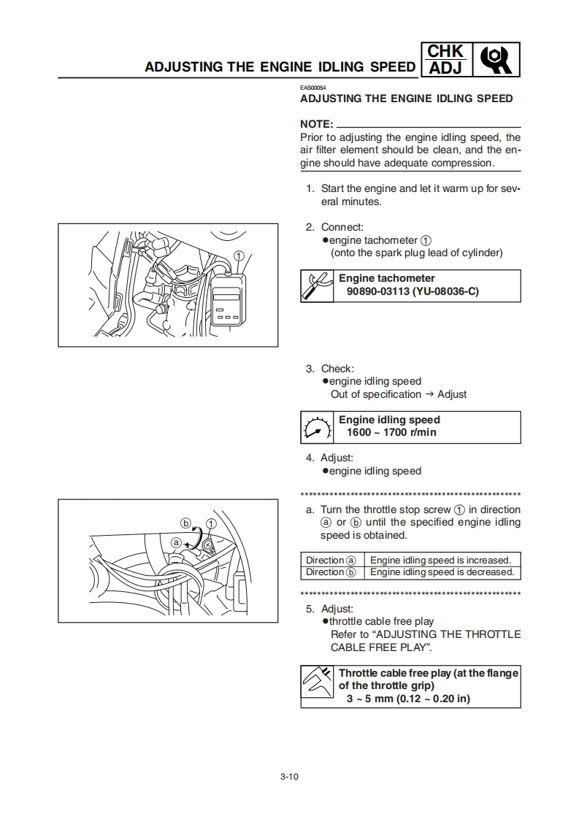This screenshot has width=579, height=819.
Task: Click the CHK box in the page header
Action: point(445,51)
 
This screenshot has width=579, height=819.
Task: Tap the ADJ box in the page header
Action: point(445,68)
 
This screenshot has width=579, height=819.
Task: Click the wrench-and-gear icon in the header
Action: point(498,60)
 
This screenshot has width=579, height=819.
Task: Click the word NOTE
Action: point(316,124)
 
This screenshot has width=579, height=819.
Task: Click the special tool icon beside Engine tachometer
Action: point(317,286)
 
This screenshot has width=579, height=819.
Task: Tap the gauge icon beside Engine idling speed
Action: point(317,428)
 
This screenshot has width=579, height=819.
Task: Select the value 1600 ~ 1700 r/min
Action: point(392,433)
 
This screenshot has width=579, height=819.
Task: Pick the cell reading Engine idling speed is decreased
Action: point(442,572)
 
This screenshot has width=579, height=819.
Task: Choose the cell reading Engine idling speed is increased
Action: point(442,560)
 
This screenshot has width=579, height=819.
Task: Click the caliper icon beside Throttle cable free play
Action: point(318,685)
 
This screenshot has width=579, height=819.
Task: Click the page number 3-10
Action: point(289,776)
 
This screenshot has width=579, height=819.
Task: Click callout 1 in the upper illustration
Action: point(238,255)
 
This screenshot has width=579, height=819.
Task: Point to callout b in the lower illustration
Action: point(185,523)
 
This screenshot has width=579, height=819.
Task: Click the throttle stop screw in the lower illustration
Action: point(207,545)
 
